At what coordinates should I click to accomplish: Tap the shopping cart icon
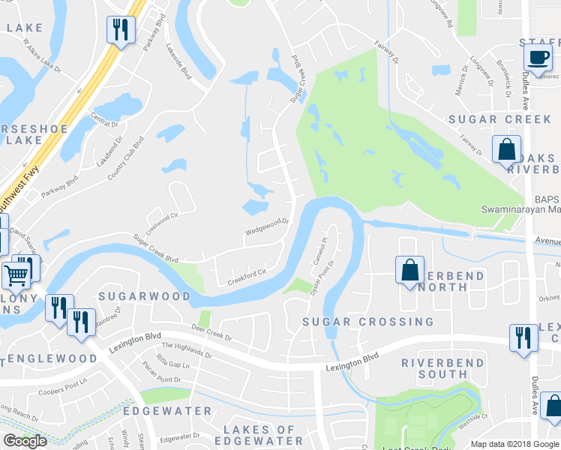tap(15, 275)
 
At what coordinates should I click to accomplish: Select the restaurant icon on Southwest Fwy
tap(119, 30)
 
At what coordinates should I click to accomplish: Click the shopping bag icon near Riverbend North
tap(410, 270)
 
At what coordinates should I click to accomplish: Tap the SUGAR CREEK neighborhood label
tap(494, 119)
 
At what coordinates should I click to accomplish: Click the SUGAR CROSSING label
tap(367, 322)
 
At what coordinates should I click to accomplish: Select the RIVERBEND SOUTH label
tap(434, 367)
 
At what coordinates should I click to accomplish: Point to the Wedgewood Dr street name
tap(268, 226)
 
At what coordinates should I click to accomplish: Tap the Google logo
tap(25, 441)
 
